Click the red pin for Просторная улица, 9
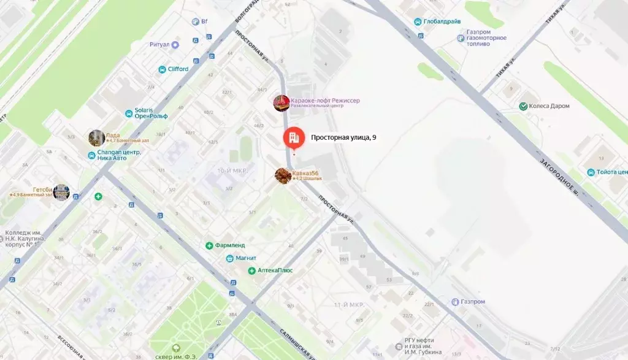tap(293, 137)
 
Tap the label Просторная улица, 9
tap(343, 138)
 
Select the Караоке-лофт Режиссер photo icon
tap(281, 103)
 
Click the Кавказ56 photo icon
tap(283, 175)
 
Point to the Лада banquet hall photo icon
tap(96, 137)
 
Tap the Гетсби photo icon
tap(61, 192)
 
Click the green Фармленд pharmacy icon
tap(209, 246)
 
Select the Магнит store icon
tap(229, 258)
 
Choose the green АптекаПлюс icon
tap(251, 270)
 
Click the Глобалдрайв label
tap(443, 21)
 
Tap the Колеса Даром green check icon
tap(523, 106)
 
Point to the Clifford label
tap(178, 69)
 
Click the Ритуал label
tap(159, 44)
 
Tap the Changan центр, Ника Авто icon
tap(91, 155)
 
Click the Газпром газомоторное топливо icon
tap(461, 38)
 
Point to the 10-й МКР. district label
tap(232, 170)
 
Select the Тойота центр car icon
tap(591, 172)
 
